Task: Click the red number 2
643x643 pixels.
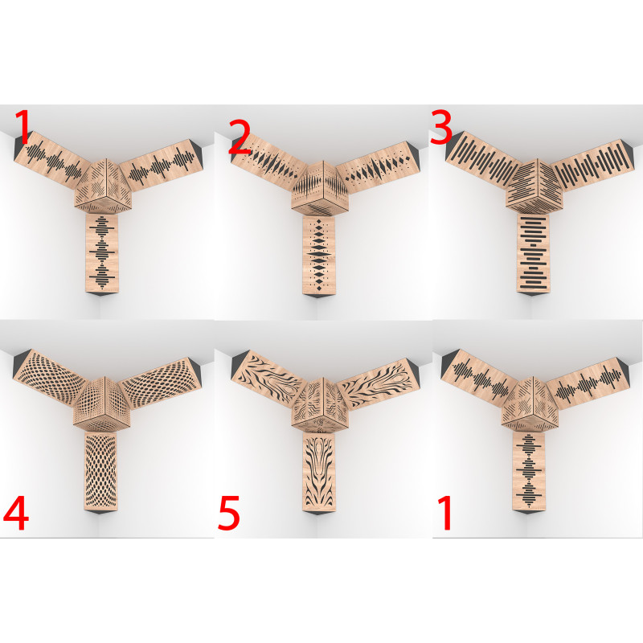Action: point(240,137)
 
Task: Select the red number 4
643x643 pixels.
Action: point(15,513)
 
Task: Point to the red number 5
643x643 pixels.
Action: point(228,513)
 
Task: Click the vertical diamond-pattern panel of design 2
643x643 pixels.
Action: point(318,255)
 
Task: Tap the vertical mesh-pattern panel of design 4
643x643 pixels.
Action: point(101,471)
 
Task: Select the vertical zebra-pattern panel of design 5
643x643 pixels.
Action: point(318,472)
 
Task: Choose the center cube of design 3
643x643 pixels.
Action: point(534,186)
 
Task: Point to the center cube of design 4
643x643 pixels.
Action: point(102,403)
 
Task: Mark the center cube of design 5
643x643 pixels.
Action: point(320,405)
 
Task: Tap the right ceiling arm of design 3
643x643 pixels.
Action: point(592,165)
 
